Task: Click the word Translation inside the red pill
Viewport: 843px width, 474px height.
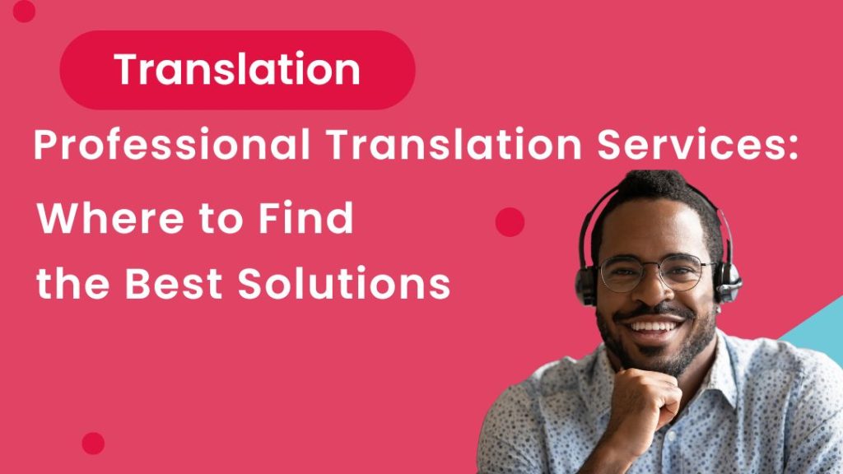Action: (237, 70)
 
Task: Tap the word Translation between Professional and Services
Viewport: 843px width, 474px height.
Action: (428, 146)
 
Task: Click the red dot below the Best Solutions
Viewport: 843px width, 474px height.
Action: (93, 443)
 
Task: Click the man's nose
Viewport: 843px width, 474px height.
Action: (650, 289)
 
